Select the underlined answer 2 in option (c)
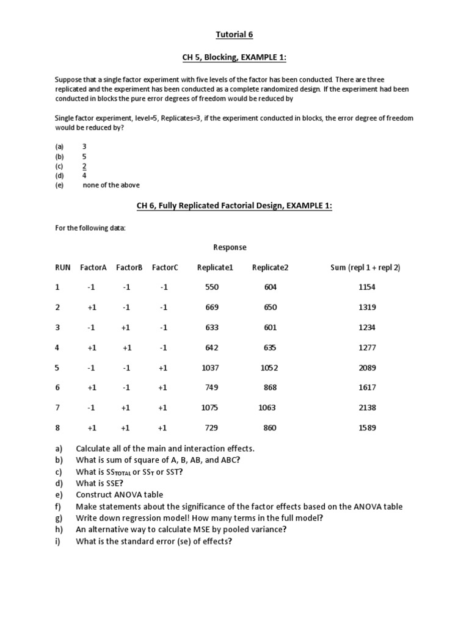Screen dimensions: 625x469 [84, 166]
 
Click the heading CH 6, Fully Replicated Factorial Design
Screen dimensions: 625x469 [234, 206]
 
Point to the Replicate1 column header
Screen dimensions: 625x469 [215, 267]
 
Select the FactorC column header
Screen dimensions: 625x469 [165, 267]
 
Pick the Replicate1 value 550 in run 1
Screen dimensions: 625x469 [212, 287]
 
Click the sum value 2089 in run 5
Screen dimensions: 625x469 [367, 367]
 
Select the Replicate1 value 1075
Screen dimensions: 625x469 [209, 408]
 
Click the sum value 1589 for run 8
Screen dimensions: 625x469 [367, 428]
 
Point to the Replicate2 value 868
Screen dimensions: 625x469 [270, 388]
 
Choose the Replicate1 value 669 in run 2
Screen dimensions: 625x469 [212, 308]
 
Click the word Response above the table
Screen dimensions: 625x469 [230, 247]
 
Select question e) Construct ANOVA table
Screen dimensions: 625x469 [119, 495]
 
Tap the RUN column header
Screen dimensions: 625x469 [63, 267]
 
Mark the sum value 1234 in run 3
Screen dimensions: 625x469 [367, 327]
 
